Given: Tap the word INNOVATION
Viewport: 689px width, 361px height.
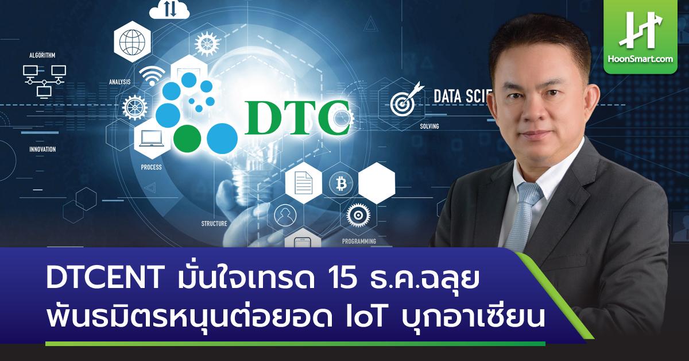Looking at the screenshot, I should (42, 149).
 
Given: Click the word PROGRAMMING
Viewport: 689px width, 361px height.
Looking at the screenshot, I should (359, 241).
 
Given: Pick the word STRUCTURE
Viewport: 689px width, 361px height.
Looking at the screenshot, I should (214, 224).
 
